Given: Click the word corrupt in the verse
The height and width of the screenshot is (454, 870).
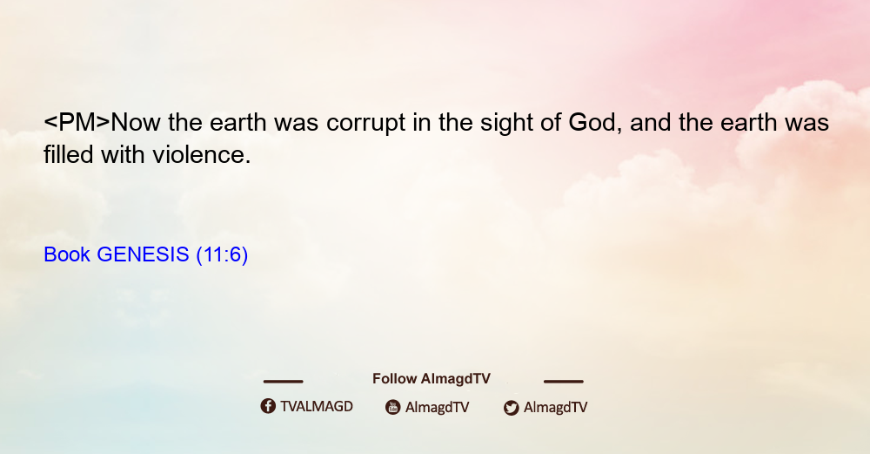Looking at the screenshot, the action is pyautogui.click(x=365, y=124).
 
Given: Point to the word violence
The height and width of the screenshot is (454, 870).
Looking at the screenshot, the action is pyautogui.click(x=202, y=154).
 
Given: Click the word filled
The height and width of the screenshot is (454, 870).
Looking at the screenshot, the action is pyautogui.click(x=68, y=154).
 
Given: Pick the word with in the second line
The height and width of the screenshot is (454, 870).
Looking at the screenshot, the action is pyautogui.click(x=123, y=154).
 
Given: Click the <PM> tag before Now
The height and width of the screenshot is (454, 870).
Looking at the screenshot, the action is pyautogui.click(x=77, y=123).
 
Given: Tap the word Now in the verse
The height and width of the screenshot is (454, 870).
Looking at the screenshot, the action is pyautogui.click(x=136, y=123).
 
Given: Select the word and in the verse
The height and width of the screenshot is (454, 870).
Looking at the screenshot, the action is pyautogui.click(x=650, y=123).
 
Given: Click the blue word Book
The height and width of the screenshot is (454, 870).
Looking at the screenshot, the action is pyautogui.click(x=67, y=254).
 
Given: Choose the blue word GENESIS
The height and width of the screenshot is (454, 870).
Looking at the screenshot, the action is pyautogui.click(x=144, y=254).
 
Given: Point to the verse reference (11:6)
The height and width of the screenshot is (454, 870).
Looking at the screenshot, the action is pyautogui.click(x=222, y=255).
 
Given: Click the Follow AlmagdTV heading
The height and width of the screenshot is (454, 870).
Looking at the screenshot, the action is pyautogui.click(x=432, y=378).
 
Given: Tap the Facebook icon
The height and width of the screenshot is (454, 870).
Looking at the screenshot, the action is pyautogui.click(x=268, y=406).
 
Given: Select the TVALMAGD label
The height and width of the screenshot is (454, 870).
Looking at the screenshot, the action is pyautogui.click(x=317, y=407).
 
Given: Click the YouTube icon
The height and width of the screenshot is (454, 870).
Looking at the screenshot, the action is pyautogui.click(x=393, y=407).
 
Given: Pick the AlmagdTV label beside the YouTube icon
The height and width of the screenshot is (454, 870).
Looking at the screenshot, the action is pyautogui.click(x=438, y=408).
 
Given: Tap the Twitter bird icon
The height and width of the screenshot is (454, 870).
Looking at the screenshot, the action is pyautogui.click(x=511, y=408).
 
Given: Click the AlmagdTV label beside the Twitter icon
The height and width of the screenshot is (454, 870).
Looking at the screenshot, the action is pyautogui.click(x=555, y=408).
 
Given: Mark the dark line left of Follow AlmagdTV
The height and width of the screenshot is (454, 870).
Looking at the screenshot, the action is pyautogui.click(x=283, y=381).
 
